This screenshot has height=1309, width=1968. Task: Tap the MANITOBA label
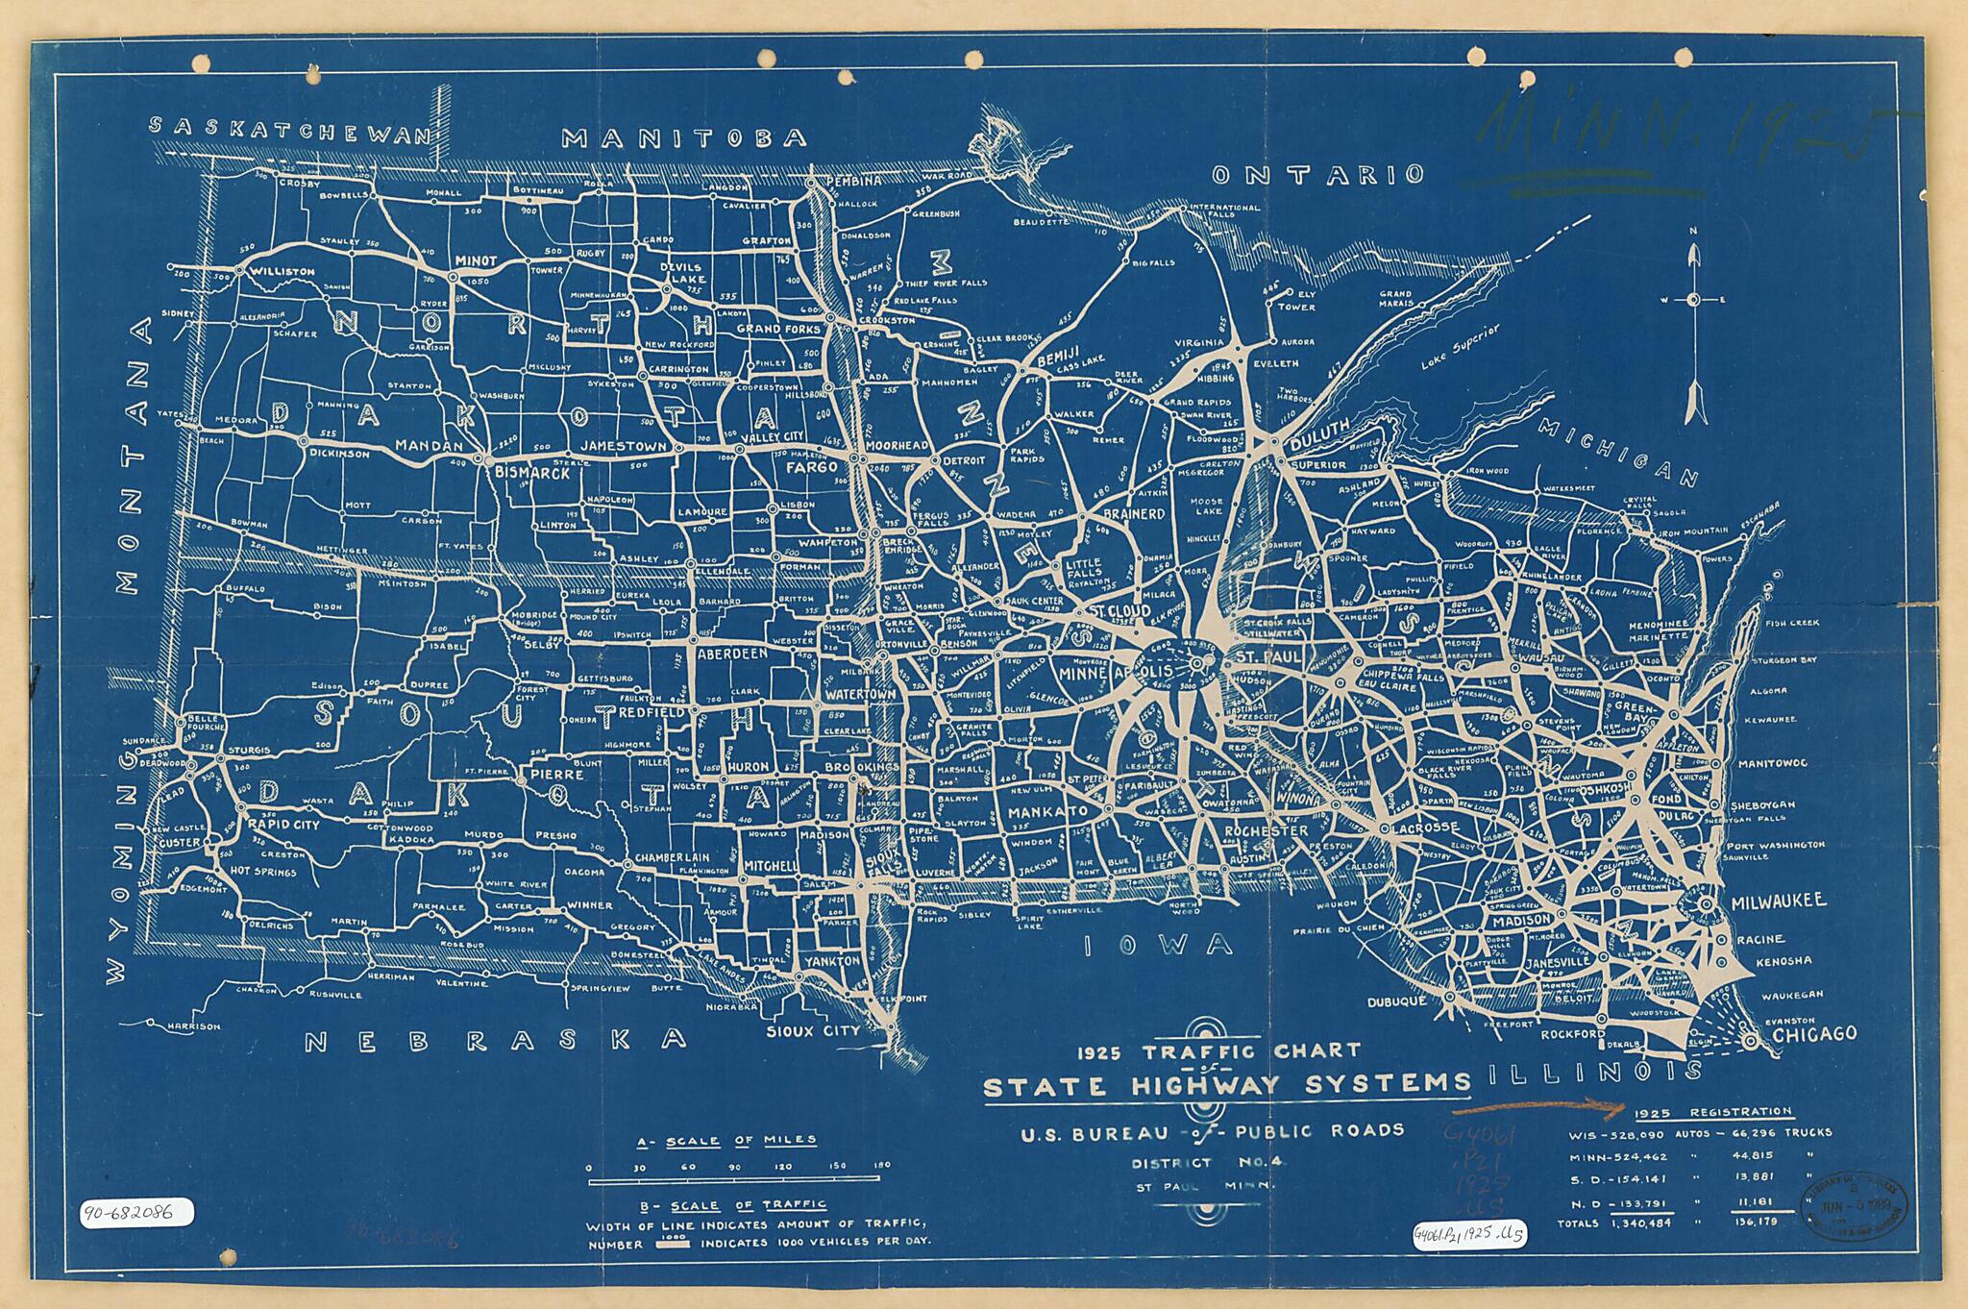pyautogui.click(x=684, y=137)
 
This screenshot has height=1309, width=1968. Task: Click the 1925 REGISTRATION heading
pyautogui.click(x=1711, y=1112)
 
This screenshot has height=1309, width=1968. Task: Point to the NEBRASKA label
pyautogui.click(x=496, y=1040)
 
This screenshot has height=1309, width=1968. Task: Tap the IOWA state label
pyautogui.click(x=1158, y=945)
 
